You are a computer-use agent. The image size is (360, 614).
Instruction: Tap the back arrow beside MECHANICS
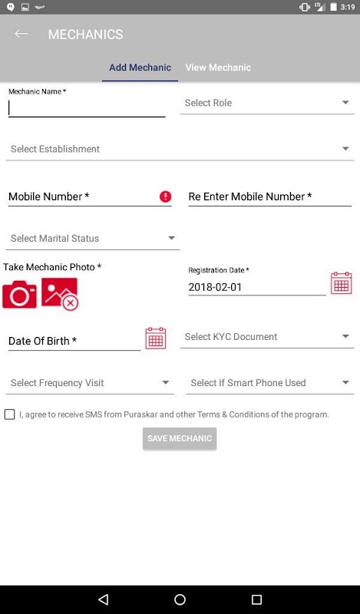coord(21,34)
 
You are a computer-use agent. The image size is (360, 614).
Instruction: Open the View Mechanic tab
coord(218,68)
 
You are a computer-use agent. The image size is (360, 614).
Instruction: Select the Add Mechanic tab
coord(140,68)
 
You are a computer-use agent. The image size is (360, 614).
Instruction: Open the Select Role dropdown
coord(267,103)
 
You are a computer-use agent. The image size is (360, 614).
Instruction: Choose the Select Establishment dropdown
coord(180,149)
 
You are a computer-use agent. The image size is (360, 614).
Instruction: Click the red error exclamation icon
coord(165,196)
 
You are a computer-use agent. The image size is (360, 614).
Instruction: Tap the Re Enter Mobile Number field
coord(270,196)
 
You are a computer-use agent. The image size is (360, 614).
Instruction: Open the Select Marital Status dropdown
coord(93,239)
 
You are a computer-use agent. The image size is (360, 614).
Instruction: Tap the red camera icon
coord(20,294)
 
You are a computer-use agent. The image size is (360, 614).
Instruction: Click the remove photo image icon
coord(60,294)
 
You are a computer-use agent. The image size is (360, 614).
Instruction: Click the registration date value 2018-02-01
coord(215,287)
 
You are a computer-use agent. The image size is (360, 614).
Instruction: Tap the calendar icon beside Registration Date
coord(342,282)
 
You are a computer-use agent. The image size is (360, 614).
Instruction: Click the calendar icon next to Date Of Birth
coord(156,338)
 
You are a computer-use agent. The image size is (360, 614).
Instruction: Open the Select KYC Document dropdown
coord(267,337)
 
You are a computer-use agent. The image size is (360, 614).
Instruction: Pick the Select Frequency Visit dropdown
coord(90,383)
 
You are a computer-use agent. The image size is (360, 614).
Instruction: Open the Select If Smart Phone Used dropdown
coord(270,383)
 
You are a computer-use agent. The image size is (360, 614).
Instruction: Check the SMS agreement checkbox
coord(9,414)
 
